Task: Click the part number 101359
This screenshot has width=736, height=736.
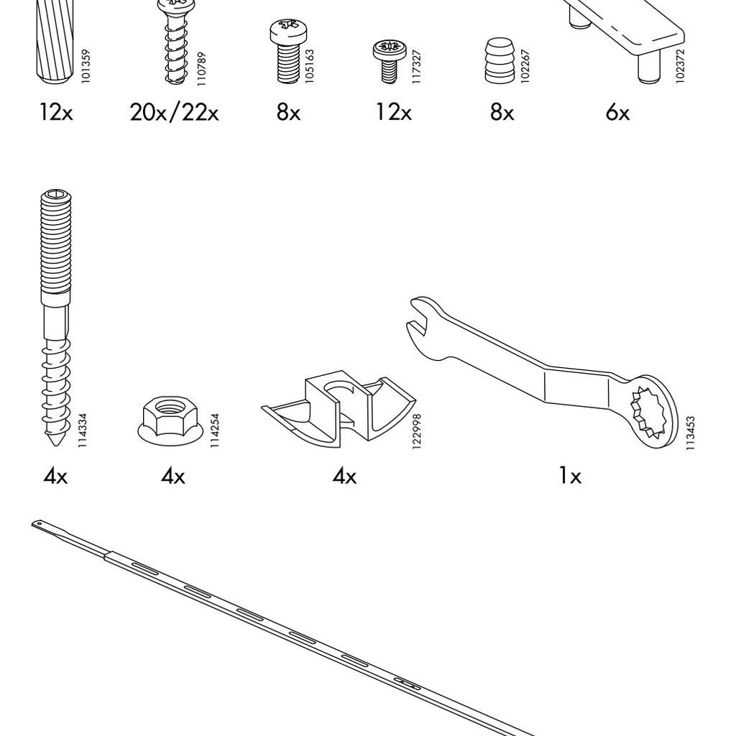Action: coord(85,66)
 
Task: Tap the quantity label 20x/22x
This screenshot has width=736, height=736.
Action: coord(174,113)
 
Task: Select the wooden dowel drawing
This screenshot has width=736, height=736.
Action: coord(54,42)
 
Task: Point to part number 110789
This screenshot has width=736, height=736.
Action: coord(201,68)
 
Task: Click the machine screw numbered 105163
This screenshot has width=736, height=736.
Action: coord(287,51)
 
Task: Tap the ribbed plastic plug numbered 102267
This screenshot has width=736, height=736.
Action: coord(500,61)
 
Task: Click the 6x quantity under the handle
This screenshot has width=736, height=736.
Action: coord(617,113)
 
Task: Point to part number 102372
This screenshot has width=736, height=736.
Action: coord(680,66)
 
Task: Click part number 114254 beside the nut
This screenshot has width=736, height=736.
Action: coord(214,430)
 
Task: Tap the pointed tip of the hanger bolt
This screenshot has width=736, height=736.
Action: coord(55,444)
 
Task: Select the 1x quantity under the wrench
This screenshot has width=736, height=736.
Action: coord(570,477)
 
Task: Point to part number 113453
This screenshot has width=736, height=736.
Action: coord(690,433)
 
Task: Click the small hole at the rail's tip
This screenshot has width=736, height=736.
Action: coord(40,524)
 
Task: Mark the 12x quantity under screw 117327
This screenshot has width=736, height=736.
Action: coord(393,113)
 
